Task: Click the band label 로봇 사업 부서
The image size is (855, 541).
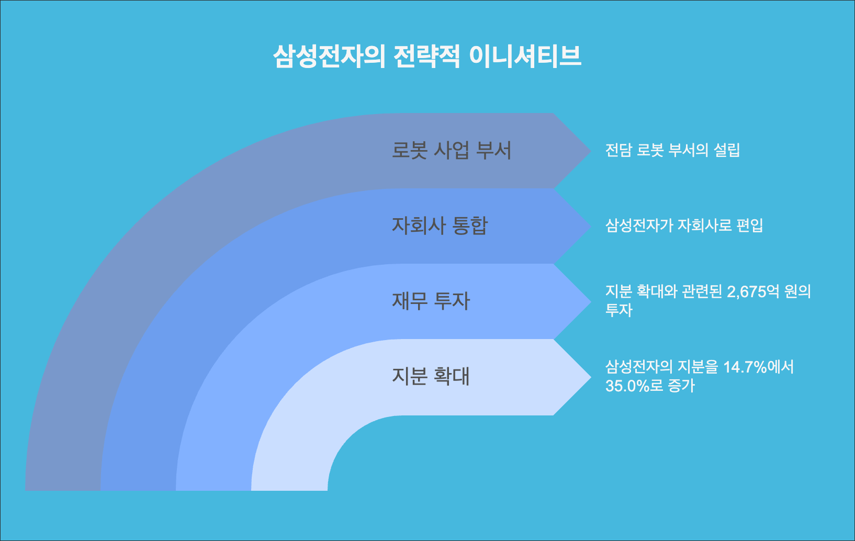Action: pyautogui.click(x=451, y=151)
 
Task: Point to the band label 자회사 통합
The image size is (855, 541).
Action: pyautogui.click(x=440, y=226)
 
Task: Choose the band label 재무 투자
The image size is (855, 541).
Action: pyautogui.click(x=431, y=301)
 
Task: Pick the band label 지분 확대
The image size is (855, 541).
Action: pyautogui.click(x=431, y=376)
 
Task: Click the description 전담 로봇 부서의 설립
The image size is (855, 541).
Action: pyautogui.click(x=672, y=151)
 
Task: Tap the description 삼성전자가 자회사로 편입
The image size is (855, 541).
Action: pyautogui.click(x=684, y=226)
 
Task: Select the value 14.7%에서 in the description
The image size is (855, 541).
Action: pyautogui.click(x=758, y=367)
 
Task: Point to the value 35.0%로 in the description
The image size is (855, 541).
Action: pyautogui.click(x=634, y=386)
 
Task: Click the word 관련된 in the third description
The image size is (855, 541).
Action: pyautogui.click(x=702, y=291)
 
